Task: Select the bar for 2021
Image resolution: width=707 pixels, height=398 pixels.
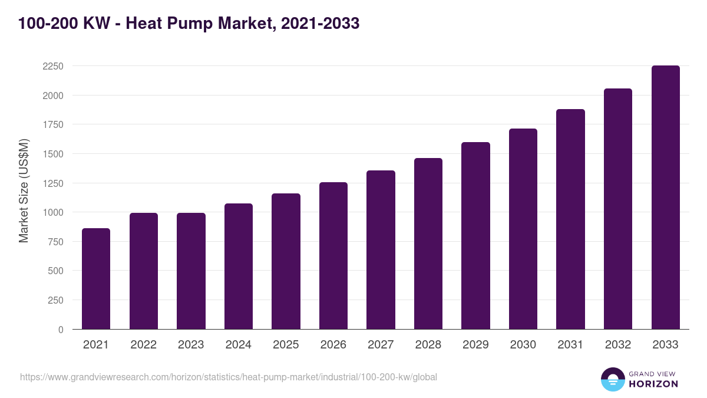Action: pyautogui.click(x=96, y=278)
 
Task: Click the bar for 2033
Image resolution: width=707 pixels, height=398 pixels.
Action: pyautogui.click(x=665, y=198)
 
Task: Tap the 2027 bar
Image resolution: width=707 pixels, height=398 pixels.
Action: pyautogui.click(x=381, y=249)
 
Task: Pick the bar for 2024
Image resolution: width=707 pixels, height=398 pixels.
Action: pyautogui.click(x=239, y=266)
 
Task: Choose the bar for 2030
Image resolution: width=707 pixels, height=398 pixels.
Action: pyautogui.click(x=523, y=229)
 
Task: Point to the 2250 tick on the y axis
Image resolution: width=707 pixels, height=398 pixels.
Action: pyautogui.click(x=53, y=66)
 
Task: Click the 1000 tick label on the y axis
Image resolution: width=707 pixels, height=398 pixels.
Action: pyautogui.click(x=53, y=212)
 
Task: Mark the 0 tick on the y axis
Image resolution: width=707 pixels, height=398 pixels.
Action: pyautogui.click(x=61, y=330)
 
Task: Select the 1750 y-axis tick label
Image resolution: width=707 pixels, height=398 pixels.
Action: pyautogui.click(x=53, y=124)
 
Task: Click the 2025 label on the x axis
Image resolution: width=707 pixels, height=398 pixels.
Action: pyautogui.click(x=286, y=345)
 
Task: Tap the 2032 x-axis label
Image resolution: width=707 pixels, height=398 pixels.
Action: pyautogui.click(x=618, y=345)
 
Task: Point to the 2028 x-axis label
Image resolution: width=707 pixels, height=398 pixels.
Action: pyautogui.click(x=428, y=345)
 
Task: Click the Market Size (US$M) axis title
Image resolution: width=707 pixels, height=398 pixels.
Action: pyautogui.click(x=24, y=190)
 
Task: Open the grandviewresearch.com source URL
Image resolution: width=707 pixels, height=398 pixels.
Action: pyautogui.click(x=229, y=377)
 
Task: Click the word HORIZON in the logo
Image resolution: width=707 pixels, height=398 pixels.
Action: pyautogui.click(x=653, y=384)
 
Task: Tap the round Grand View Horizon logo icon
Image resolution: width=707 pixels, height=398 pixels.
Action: pyautogui.click(x=612, y=380)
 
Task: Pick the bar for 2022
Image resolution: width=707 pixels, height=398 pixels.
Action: pyautogui.click(x=144, y=271)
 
